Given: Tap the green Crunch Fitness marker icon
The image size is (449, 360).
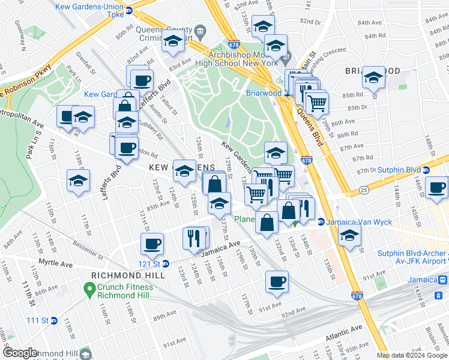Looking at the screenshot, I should pyautogui.click(x=90, y=287).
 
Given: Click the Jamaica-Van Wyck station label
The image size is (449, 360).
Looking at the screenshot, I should pyautogui.click(x=359, y=222).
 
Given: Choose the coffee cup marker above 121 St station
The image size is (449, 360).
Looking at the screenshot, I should pyautogui.click(x=152, y=244).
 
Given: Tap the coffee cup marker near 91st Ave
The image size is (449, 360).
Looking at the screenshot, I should pyautogui.click(x=277, y=281).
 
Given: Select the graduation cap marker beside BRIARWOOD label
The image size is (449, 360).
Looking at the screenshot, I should pyautogui.click(x=373, y=77).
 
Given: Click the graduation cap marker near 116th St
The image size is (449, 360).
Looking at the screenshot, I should pyautogui.click(x=78, y=180).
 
